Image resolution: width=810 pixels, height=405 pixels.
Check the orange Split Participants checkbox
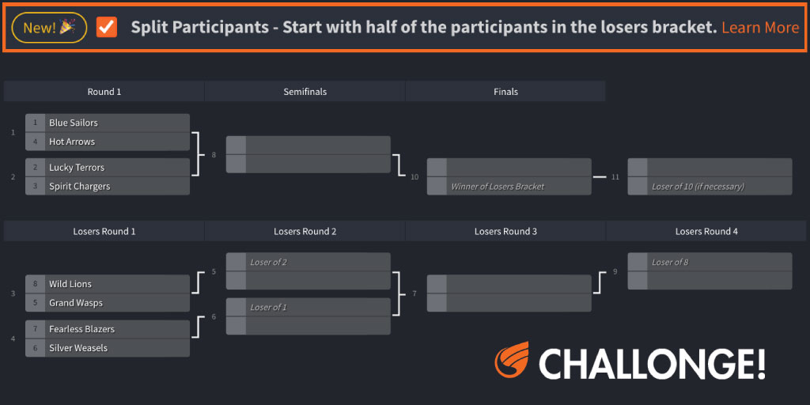pyautogui.click(x=107, y=28)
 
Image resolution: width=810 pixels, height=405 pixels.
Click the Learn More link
pyautogui.click(x=759, y=28)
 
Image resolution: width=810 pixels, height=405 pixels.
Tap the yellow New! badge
pyautogui.click(x=49, y=28)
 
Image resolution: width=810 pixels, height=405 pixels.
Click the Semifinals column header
pyautogui.click(x=305, y=92)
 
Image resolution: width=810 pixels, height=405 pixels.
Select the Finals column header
pyautogui.click(x=505, y=92)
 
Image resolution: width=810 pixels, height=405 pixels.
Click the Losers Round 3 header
pyautogui.click(x=505, y=232)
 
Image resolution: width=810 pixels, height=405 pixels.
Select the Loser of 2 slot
pyautogui.click(x=308, y=262)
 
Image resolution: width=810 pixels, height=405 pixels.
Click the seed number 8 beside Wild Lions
pyautogui.click(x=36, y=284)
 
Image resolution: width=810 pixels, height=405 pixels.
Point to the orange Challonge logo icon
pyautogui.click(x=512, y=361)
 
